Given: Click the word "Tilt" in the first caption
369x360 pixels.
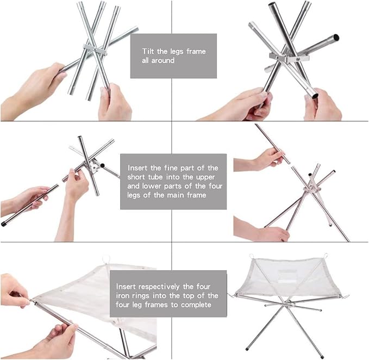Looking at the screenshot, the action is click(148, 51).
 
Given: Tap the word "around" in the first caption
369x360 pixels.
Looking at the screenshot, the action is click(163, 60).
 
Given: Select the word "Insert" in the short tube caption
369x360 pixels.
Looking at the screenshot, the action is click(137, 168).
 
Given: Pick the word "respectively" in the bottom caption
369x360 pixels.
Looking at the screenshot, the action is click(159, 287).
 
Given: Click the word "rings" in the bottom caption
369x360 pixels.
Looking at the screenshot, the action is click(141, 296).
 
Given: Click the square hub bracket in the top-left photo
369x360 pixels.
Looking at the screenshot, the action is click(95, 49).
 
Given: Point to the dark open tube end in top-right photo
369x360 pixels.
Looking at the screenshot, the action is click(336, 37).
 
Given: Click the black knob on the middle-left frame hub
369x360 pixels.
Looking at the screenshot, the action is click(102, 165).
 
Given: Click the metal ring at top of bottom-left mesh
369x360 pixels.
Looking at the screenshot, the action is click(107, 259).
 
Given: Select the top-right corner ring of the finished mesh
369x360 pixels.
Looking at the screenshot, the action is click(326, 256).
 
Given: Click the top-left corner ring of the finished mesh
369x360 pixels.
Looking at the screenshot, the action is click(252, 256).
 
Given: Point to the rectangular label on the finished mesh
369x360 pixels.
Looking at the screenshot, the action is click(287, 275).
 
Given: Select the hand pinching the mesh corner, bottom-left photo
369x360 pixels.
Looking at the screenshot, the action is click(15, 291).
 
